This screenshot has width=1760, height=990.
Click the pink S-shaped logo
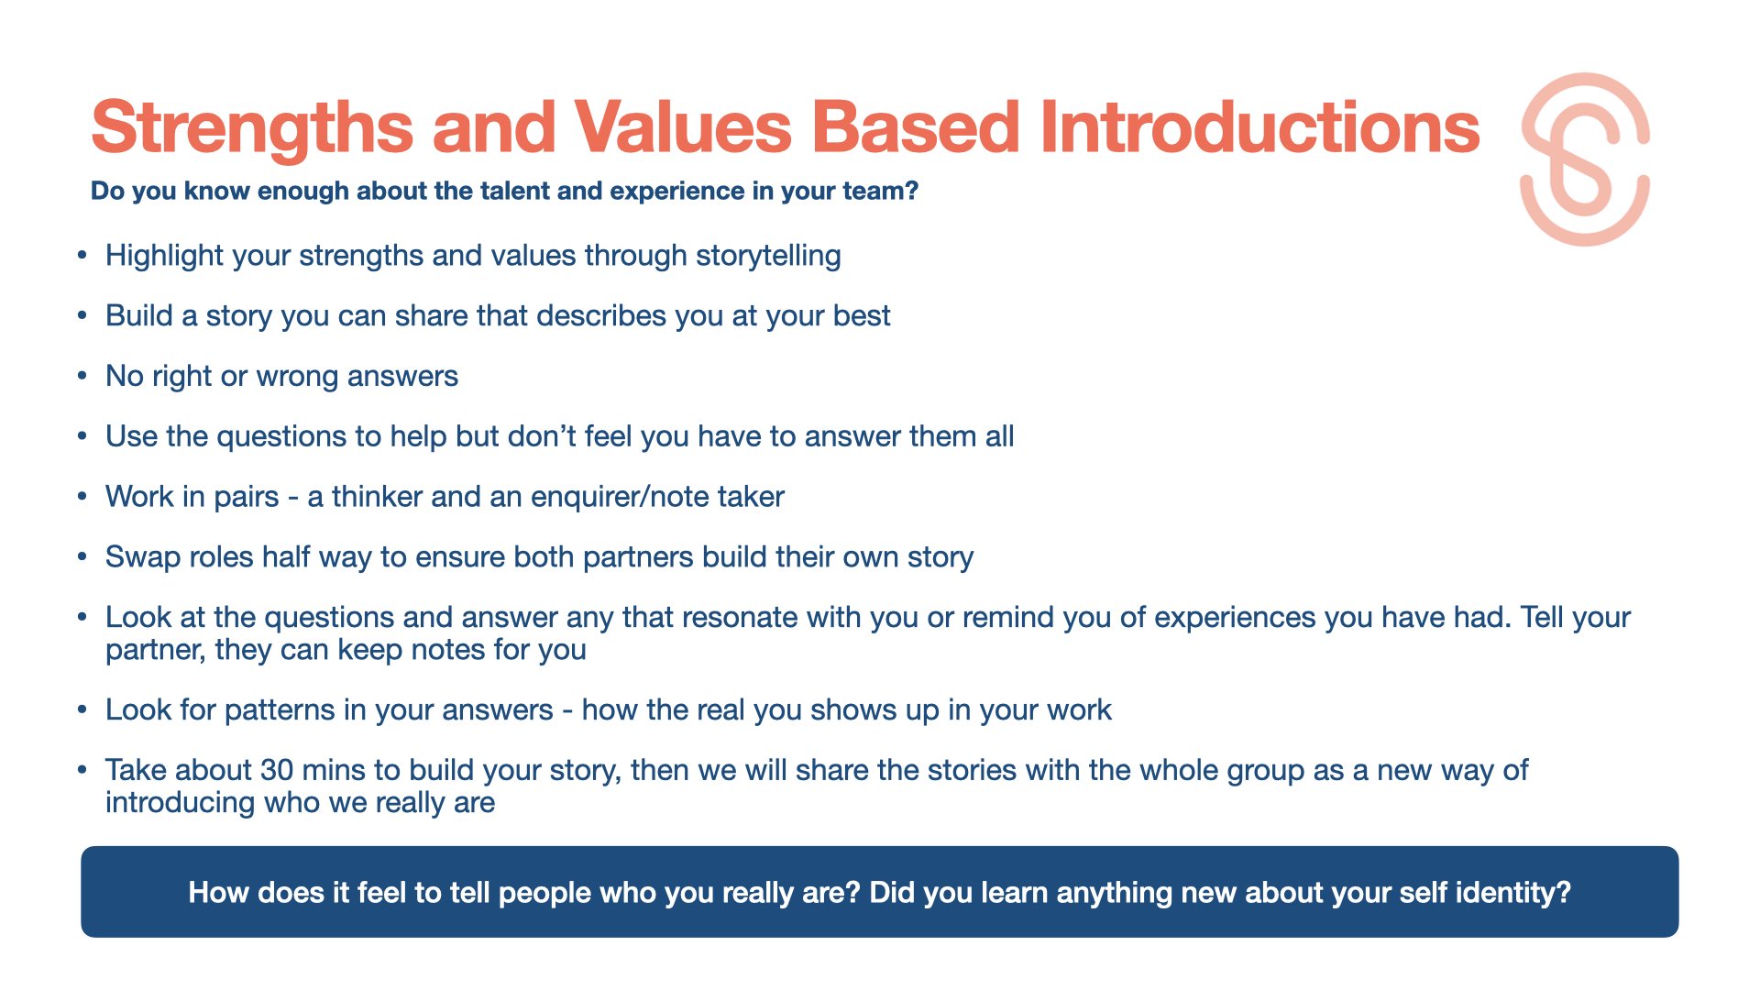point(1585,159)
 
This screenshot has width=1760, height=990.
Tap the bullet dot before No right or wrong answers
point(82,376)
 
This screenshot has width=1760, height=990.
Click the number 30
point(277,770)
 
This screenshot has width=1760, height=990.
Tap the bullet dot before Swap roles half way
point(82,556)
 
